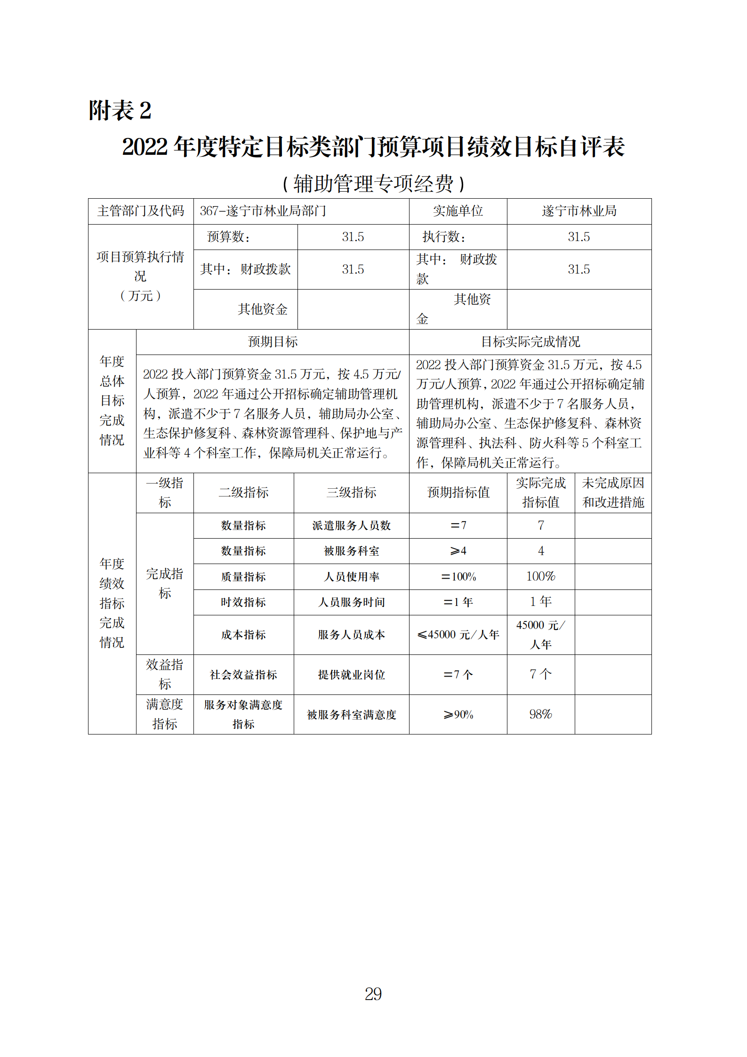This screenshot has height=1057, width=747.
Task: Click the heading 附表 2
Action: [x=120, y=111]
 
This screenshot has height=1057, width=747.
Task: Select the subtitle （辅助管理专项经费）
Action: [x=373, y=184]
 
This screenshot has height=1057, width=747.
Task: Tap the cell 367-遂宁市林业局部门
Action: [x=263, y=211]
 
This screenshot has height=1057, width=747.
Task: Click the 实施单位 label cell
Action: [x=458, y=211]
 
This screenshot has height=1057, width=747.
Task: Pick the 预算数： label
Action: [x=229, y=237]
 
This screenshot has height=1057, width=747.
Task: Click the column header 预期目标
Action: [x=273, y=342]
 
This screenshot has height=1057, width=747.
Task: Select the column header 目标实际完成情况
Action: [x=530, y=342]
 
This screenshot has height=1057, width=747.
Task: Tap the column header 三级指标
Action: [x=351, y=492]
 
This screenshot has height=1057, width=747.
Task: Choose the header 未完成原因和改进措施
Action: [x=613, y=492]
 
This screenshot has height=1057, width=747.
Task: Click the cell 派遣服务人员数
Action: [x=351, y=525]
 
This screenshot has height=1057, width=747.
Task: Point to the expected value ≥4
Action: [x=458, y=551]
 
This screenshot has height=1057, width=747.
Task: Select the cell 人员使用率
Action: [x=351, y=577]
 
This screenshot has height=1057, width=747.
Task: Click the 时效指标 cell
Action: [x=243, y=602]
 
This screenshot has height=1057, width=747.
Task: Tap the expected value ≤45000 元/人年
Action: [x=458, y=635]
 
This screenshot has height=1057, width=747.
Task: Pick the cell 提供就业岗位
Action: [x=351, y=675]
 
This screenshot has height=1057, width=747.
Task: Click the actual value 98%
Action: [x=540, y=714]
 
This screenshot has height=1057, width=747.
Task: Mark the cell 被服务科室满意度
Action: [x=351, y=715]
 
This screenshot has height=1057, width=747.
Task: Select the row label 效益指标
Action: [x=164, y=674]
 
